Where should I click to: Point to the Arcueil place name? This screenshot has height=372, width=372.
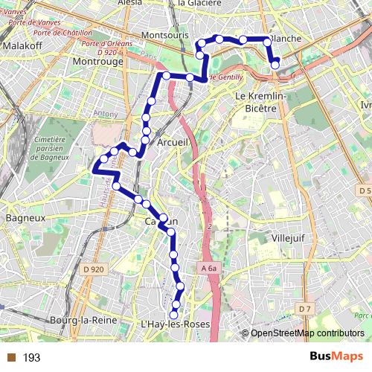[176, 141]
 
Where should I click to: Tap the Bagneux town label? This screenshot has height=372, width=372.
[25, 219]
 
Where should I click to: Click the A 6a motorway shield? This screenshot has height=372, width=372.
[211, 268]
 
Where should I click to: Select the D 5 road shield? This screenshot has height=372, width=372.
[364, 191]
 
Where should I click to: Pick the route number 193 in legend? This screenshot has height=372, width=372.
[31, 358]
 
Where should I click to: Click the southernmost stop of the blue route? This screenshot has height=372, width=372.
[175, 315]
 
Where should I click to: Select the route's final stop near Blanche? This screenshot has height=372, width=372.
[275, 65]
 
